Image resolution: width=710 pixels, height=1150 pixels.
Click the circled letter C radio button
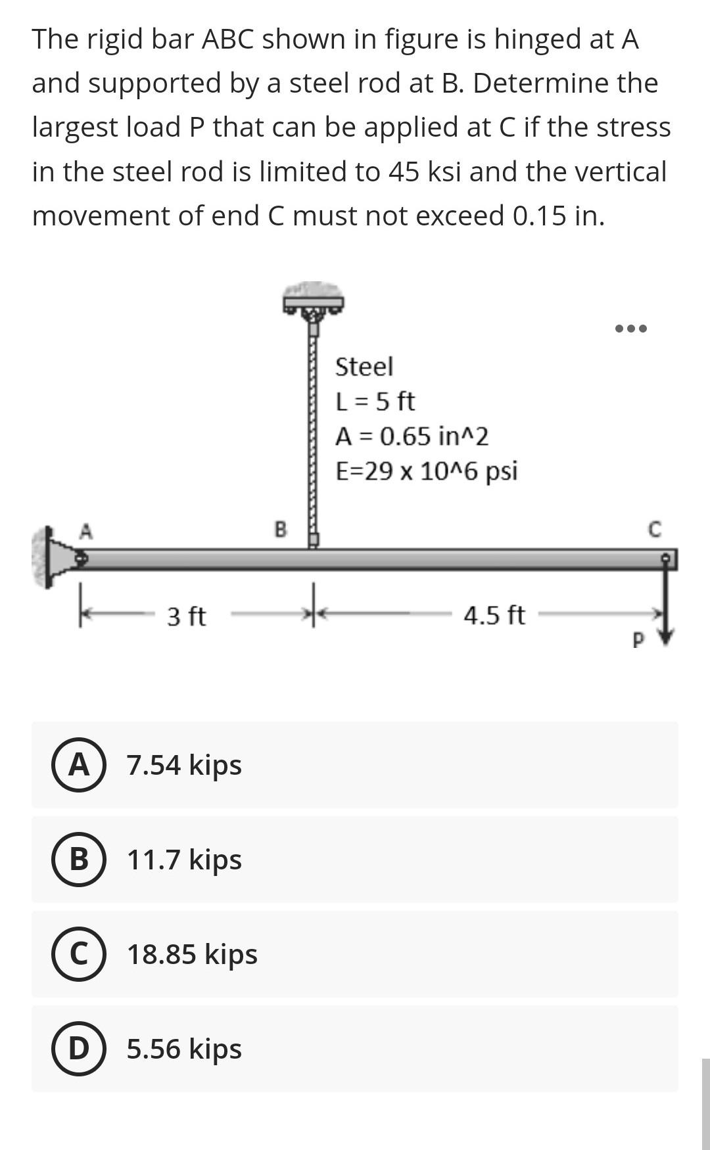(79, 954)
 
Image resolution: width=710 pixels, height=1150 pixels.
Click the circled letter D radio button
(79, 1049)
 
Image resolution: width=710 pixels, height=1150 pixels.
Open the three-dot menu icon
(631, 328)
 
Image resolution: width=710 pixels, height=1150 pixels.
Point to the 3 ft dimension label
(186, 616)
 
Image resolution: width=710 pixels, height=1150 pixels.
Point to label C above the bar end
(653, 530)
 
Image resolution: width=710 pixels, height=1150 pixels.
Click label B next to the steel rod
(280, 528)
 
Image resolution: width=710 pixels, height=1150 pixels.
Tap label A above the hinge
(85, 531)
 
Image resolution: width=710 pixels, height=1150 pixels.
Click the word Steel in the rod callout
(364, 367)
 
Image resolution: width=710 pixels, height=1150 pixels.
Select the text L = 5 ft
(375, 402)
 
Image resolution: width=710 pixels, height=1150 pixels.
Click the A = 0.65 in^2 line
(412, 436)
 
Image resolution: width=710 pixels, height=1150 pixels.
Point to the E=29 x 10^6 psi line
(427, 471)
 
